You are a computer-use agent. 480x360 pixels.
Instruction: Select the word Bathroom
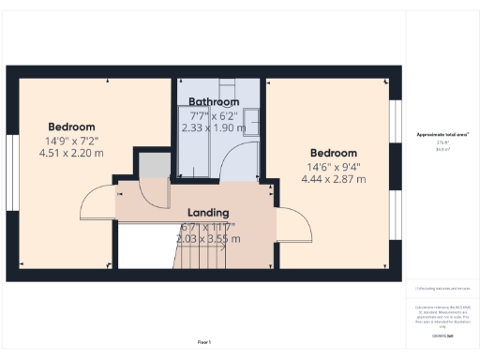(x=214, y=101)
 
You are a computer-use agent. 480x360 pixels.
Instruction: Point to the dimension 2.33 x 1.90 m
(x=214, y=127)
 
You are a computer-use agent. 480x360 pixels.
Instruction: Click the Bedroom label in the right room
(x=333, y=153)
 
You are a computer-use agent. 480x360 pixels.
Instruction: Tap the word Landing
(x=208, y=213)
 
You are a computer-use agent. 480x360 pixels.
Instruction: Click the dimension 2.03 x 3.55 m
(x=208, y=239)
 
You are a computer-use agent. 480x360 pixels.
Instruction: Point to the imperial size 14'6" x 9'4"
(x=333, y=167)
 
